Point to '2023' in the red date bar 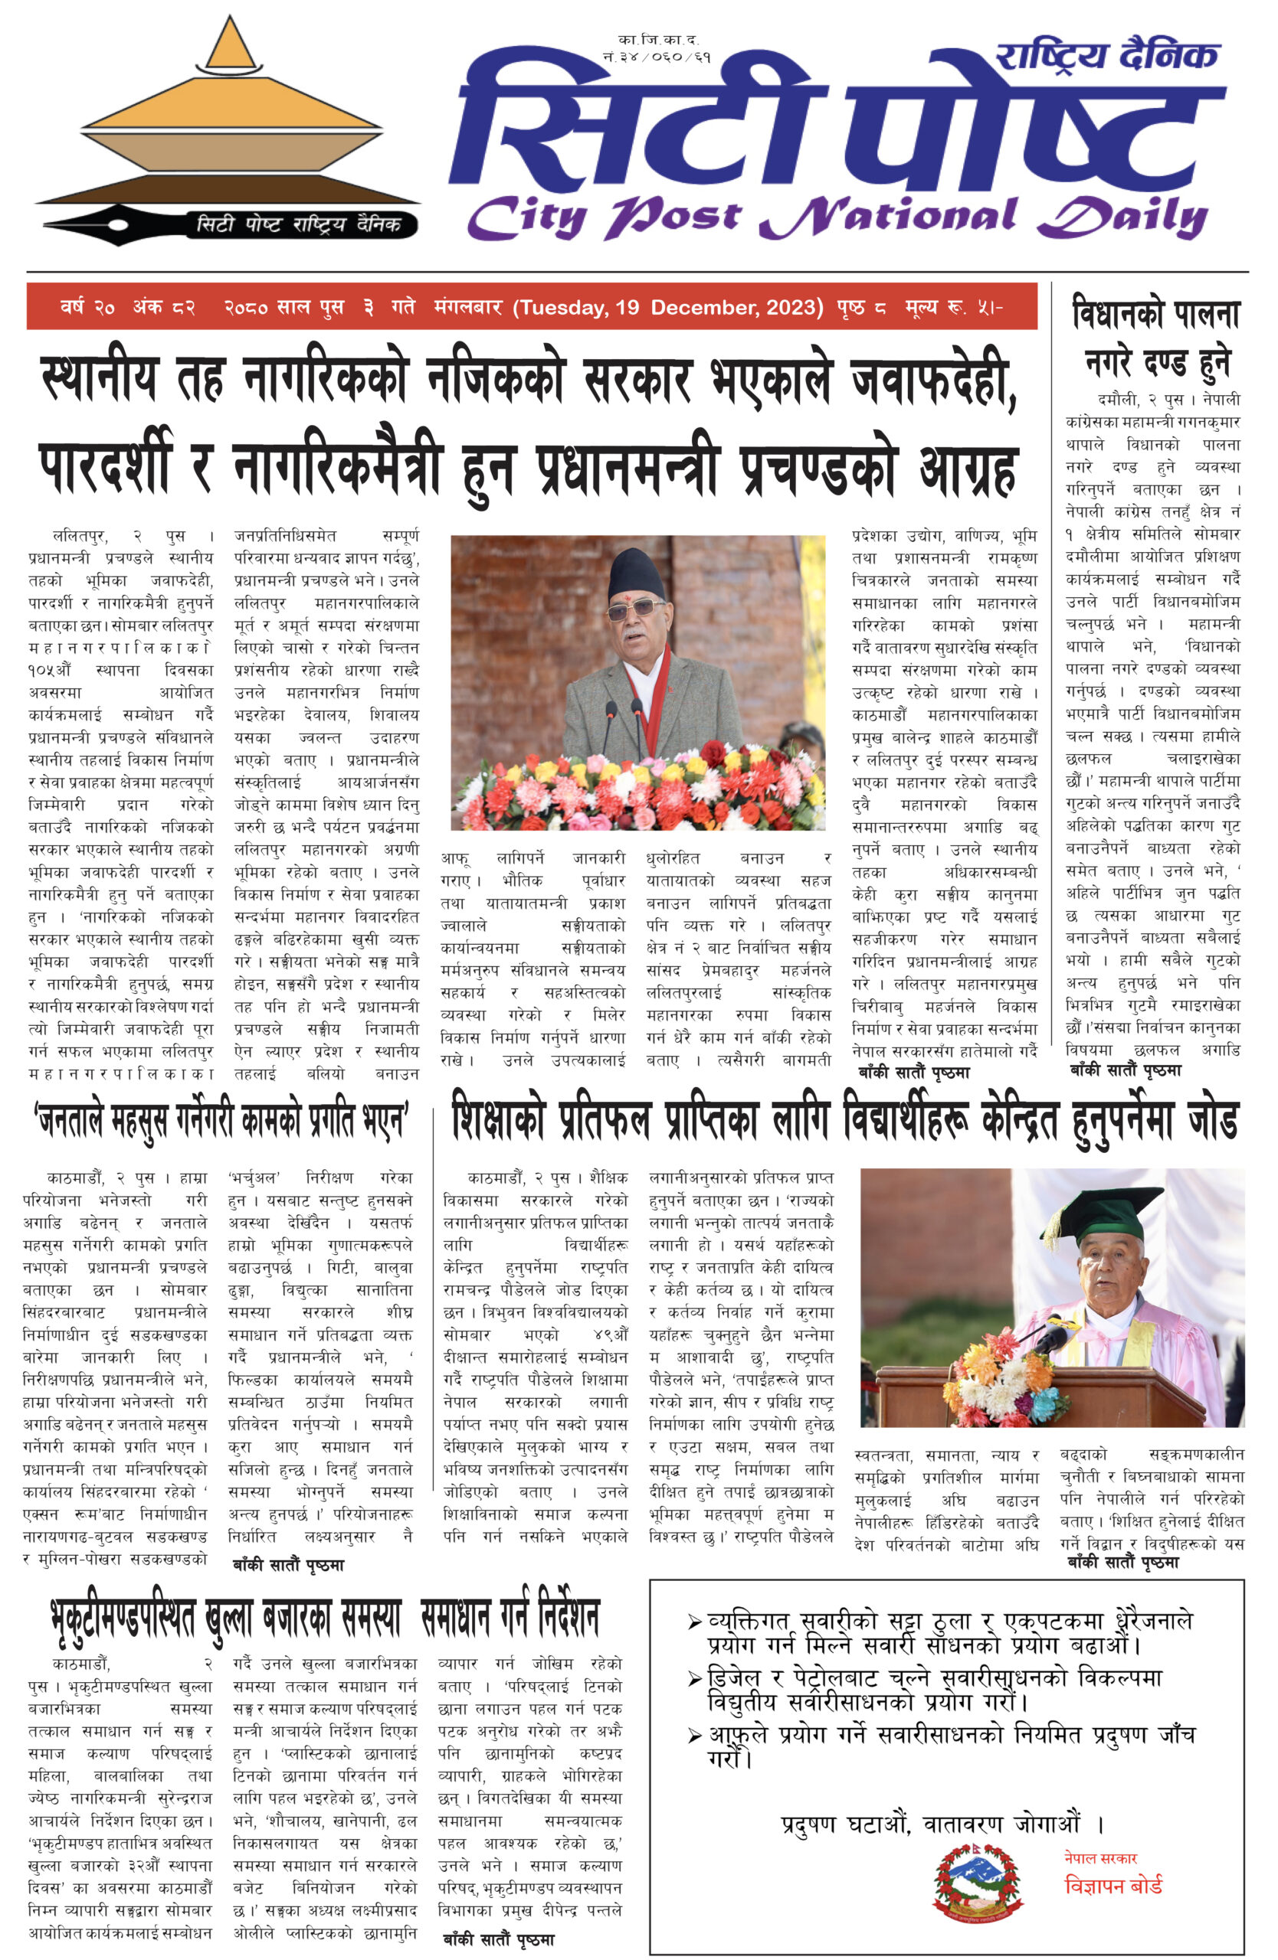click(795, 307)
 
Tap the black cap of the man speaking click(634, 573)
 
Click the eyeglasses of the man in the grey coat click(634, 610)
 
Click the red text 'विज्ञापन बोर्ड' click(1113, 1885)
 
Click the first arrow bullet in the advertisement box click(695, 1623)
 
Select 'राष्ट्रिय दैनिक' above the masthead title click(1106, 57)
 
